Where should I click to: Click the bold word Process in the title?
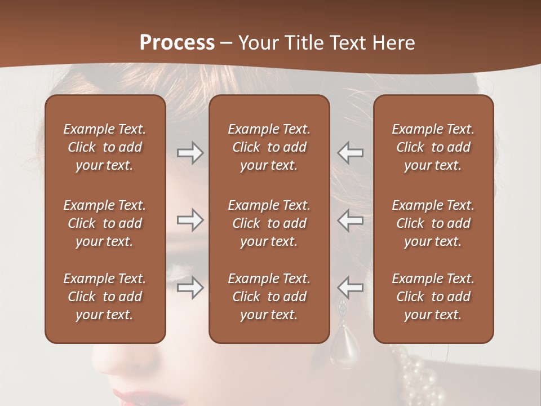click(177, 43)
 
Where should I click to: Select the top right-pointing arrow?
click(190, 153)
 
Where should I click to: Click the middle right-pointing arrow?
click(190, 220)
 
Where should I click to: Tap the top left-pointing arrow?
click(351, 153)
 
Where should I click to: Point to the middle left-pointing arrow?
click(351, 220)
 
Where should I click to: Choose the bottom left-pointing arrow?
click(351, 288)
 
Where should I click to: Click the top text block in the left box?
click(105, 147)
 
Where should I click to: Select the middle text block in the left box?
click(105, 223)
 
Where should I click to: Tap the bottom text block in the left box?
click(105, 297)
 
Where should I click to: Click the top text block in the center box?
click(269, 147)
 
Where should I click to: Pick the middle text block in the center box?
click(269, 223)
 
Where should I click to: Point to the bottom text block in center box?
click(269, 297)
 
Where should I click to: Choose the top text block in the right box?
click(433, 147)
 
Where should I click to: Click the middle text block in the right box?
click(433, 223)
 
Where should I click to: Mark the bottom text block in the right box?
click(433, 297)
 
